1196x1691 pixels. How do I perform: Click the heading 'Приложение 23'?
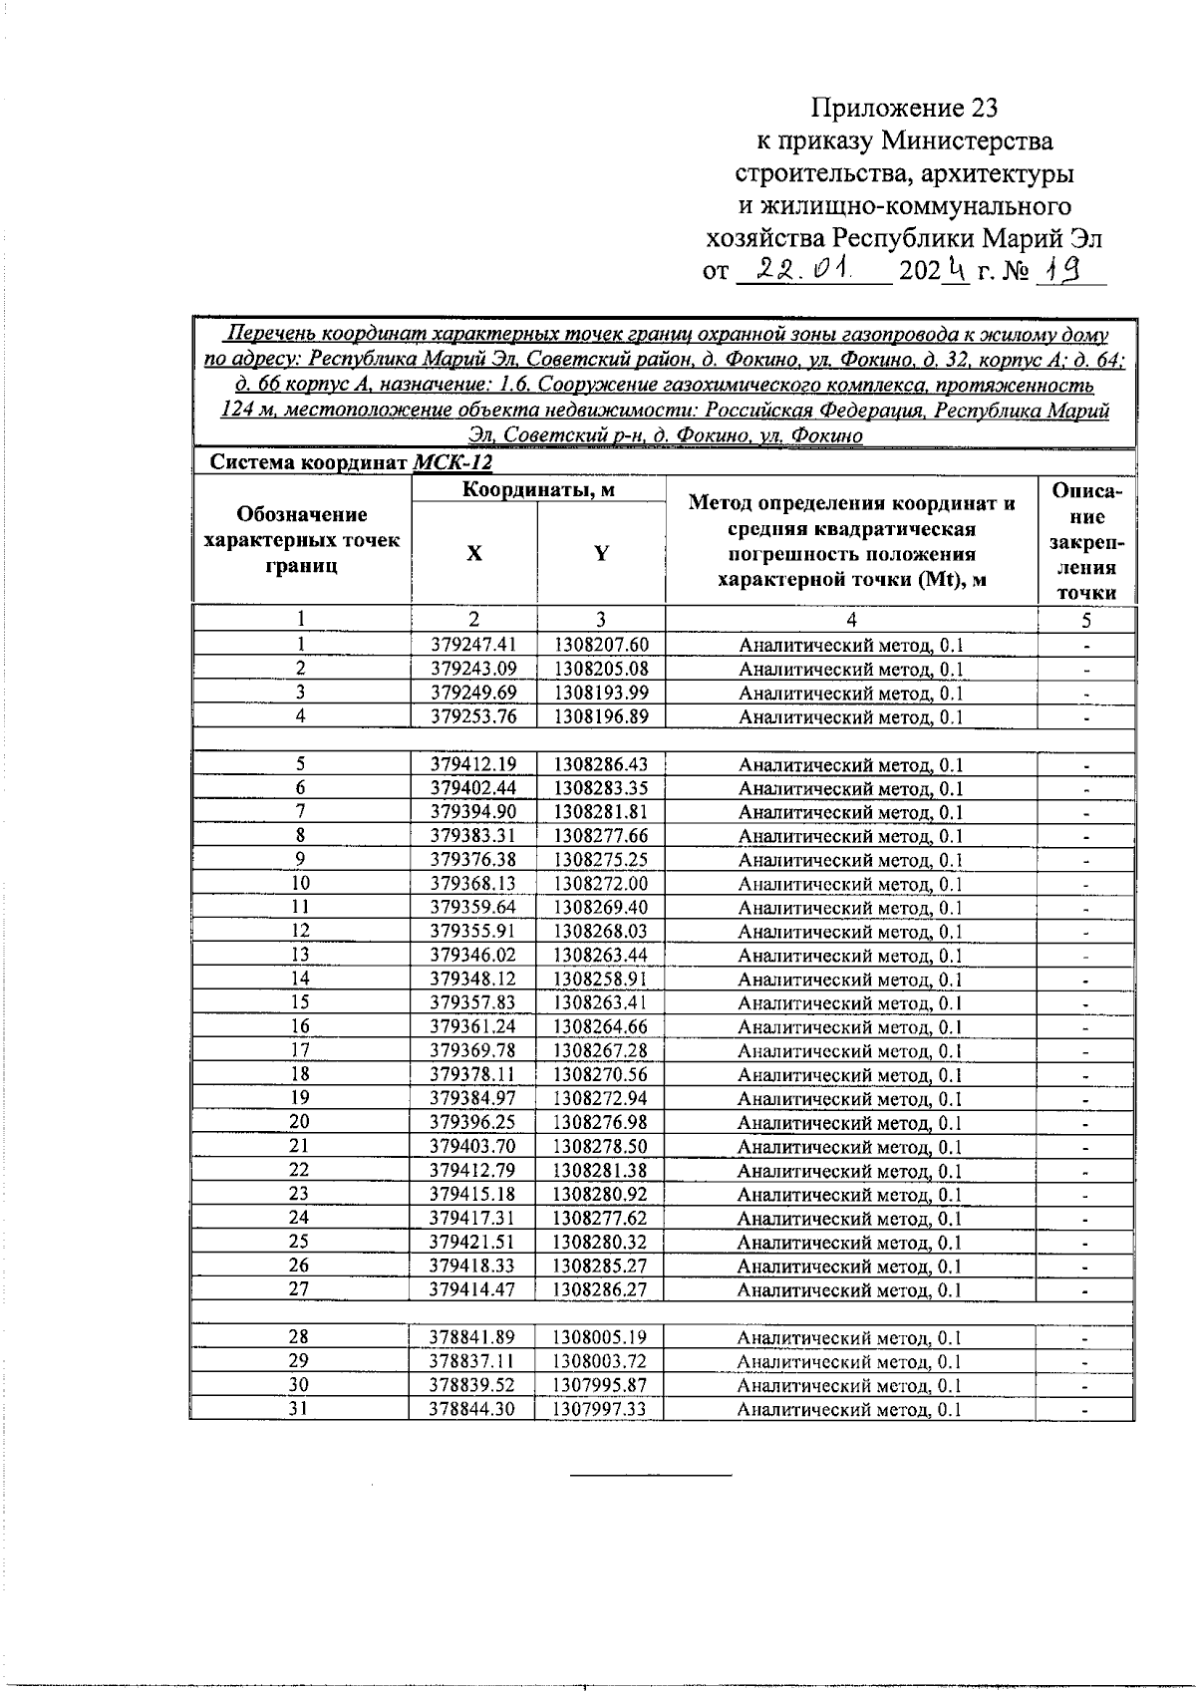coord(904,108)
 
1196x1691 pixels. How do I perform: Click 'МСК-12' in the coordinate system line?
coord(451,463)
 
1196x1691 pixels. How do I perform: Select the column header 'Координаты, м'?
coord(538,489)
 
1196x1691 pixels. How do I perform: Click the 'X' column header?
coord(474,554)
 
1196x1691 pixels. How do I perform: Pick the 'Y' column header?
coord(601,554)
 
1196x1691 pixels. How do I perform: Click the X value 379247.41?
coord(473,645)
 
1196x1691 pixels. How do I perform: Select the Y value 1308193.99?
coord(601,693)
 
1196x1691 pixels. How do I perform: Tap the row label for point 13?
coord(300,955)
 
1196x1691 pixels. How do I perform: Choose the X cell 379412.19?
coord(473,764)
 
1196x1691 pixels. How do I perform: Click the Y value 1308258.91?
coord(601,980)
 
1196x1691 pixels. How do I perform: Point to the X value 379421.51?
coord(473,1243)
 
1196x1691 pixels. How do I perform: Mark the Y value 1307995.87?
coord(601,1385)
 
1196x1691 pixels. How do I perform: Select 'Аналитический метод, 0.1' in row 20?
coord(849,1123)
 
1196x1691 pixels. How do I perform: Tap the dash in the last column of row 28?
coord(1085,1338)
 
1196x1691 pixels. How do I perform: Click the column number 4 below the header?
coord(851,620)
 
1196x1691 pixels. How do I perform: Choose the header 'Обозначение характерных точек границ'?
coord(301,541)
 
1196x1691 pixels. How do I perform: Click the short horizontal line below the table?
coord(650,1473)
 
